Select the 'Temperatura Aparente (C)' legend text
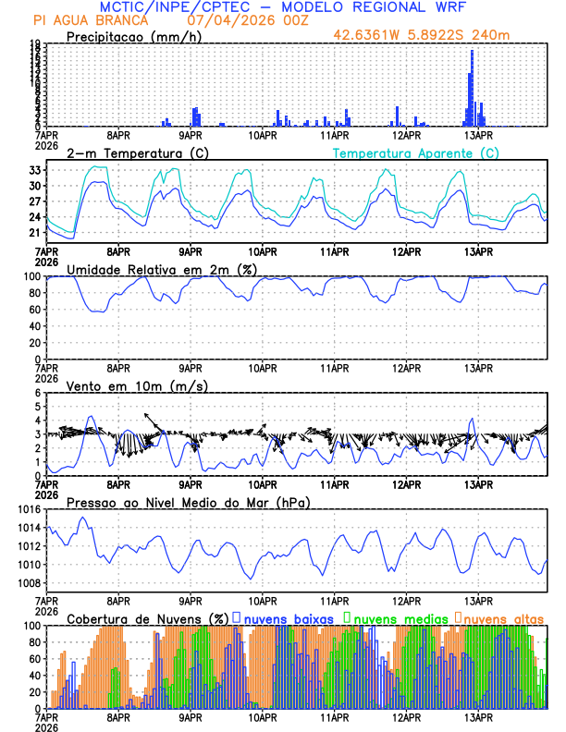pos(415,152)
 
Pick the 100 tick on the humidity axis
pos(32,276)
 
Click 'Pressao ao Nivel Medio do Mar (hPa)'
pos(188,502)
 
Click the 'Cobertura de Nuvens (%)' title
pos(148,618)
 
